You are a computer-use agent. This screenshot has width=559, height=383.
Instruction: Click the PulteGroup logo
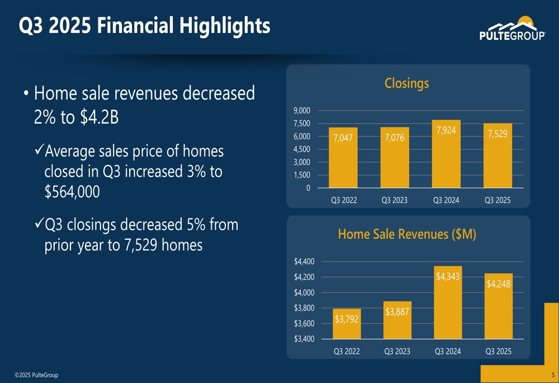pyautogui.click(x=512, y=29)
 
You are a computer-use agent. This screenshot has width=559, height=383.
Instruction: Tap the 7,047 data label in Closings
pyautogui.click(x=343, y=138)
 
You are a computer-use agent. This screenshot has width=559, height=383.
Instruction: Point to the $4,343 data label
pyautogui.click(x=448, y=276)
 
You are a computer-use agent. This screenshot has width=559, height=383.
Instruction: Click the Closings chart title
pyautogui.click(x=406, y=83)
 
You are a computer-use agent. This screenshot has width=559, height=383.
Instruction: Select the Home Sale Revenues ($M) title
pyautogui.click(x=407, y=234)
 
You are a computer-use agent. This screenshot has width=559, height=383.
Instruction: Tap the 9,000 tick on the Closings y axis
pyautogui.click(x=302, y=111)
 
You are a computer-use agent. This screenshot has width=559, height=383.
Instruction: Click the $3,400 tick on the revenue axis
pyautogui.click(x=304, y=339)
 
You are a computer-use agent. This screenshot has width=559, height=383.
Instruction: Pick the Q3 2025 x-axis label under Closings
pyautogui.click(x=497, y=200)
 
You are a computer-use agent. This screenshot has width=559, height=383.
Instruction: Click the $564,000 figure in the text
pyautogui.click(x=72, y=191)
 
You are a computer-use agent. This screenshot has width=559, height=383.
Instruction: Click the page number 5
pyautogui.click(x=552, y=375)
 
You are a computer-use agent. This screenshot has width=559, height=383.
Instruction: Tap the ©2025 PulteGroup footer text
pyautogui.click(x=36, y=375)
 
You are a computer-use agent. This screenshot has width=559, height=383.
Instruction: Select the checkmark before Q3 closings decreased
pyautogui.click(x=39, y=224)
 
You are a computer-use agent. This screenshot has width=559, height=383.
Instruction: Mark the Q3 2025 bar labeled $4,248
pyautogui.click(x=498, y=306)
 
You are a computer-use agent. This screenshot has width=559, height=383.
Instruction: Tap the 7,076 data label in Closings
pyautogui.click(x=394, y=138)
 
